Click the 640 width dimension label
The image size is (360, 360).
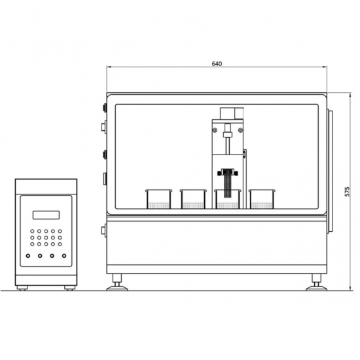click(217, 63)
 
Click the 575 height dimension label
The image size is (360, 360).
click(347, 192)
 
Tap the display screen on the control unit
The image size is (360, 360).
click(46, 215)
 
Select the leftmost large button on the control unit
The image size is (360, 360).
click(28, 255)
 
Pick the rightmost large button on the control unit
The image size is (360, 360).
click(64, 255)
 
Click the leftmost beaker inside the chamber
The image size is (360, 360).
click(158, 199)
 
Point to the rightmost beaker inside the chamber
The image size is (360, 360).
click(262, 199)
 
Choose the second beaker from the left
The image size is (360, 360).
click(193, 199)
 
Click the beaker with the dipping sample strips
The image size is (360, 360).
click(228, 199)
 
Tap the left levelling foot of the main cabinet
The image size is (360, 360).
click(117, 282)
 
